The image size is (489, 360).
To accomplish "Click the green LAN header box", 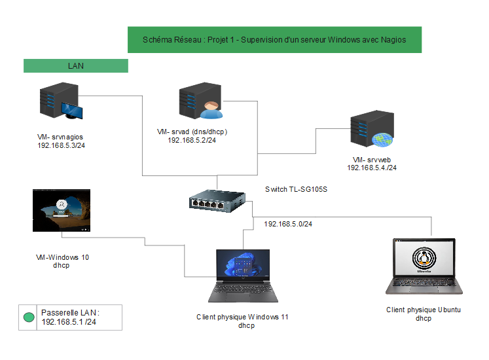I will point(75,66).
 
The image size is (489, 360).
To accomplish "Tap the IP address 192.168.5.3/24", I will point(62,145).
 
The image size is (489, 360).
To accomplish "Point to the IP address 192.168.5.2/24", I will point(192,140).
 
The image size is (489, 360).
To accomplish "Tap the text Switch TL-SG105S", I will point(295,189).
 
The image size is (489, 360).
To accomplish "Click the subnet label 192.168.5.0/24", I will point(288,224).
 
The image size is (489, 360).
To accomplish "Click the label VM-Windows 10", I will point(62,257).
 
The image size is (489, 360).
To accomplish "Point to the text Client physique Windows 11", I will point(242,317).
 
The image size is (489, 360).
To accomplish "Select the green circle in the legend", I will point(29,317).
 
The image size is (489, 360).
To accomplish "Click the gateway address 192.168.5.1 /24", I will point(69,322).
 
